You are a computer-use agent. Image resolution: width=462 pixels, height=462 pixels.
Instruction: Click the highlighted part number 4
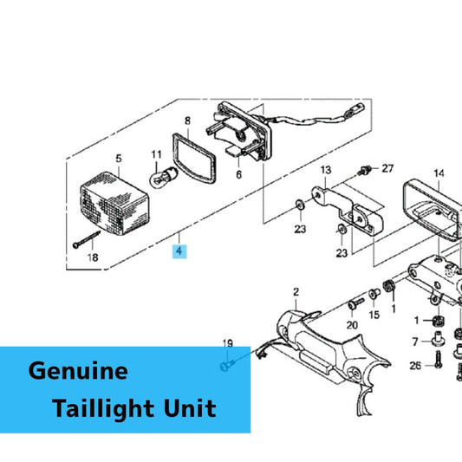pos(179,251)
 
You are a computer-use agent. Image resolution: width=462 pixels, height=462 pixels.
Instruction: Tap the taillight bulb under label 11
pos(164,177)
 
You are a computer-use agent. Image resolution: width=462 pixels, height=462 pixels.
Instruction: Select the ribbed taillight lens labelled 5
pos(114,204)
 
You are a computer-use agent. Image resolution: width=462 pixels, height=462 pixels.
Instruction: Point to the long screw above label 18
pos(87,239)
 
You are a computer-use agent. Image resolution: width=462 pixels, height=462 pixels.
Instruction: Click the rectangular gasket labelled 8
pos(194,159)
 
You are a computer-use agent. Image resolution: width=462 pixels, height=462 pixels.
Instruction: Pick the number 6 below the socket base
pos(238,174)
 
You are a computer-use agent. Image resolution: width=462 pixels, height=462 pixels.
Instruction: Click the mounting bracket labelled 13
pos(348,211)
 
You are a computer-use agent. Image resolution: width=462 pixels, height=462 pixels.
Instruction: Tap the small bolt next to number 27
pos(364,170)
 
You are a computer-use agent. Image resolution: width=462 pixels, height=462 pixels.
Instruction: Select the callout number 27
pos(387,168)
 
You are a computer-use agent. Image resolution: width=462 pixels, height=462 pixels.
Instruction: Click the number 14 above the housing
pos(439,173)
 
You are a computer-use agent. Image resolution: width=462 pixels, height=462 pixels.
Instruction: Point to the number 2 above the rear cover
pos(296,292)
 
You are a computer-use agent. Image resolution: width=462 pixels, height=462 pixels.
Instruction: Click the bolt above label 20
pos(356,303)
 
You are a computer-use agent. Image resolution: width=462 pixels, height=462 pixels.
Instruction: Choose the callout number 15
pos(374,315)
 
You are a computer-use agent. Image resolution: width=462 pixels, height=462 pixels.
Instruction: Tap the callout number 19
pos(227,343)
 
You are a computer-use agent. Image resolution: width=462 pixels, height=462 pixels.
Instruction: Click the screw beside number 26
pos(439,360)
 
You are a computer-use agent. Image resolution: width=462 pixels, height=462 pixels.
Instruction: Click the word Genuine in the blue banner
pos(78,371)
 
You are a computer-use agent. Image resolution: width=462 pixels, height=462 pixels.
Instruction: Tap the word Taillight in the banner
pos(103,408)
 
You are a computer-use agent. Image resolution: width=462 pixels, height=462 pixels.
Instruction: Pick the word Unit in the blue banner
pos(190,408)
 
